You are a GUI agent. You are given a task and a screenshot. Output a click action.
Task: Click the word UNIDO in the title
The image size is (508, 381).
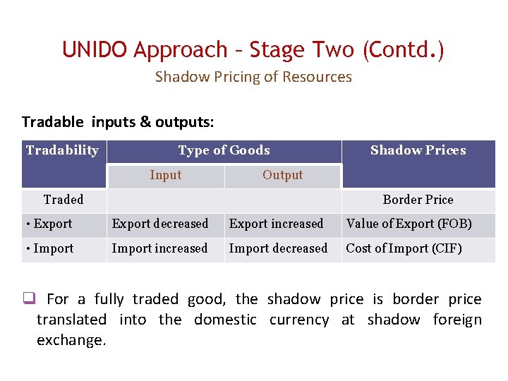tap(95, 50)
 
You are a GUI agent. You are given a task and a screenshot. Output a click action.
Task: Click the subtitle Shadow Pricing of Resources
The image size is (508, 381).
tap(253, 77)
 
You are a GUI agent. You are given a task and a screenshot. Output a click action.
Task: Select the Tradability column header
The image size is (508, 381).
tap(62, 150)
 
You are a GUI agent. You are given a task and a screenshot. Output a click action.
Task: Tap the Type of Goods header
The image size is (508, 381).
tap(224, 150)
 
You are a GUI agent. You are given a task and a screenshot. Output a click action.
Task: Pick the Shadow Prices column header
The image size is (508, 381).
tap(418, 150)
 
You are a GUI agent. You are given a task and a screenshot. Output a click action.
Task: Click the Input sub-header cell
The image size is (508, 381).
tap(165, 176)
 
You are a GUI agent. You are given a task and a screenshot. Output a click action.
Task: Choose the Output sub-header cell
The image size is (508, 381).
tap(282, 176)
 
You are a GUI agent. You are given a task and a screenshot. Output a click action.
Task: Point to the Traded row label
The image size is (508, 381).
tap(64, 200)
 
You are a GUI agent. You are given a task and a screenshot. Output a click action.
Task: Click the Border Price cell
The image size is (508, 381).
tap(418, 200)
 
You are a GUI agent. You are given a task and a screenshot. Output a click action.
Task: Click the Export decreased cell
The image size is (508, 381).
tap(160, 224)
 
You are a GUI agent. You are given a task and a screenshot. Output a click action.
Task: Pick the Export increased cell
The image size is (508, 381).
tap(276, 224)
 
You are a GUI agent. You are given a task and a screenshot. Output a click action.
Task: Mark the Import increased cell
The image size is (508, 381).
tap(159, 248)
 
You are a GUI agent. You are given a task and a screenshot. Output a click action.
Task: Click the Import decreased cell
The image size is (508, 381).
tap(278, 248)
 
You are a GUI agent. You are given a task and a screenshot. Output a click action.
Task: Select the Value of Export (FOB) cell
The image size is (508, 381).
tap(409, 224)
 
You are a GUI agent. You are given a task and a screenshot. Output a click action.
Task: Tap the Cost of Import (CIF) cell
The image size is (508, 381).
tap(404, 248)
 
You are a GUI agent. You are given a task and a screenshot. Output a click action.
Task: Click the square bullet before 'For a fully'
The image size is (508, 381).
tap(28, 299)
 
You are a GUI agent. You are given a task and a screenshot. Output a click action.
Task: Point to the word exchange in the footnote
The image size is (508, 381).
tap(71, 340)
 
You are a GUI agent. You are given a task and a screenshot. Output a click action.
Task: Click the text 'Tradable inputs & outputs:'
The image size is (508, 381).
tap(118, 121)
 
